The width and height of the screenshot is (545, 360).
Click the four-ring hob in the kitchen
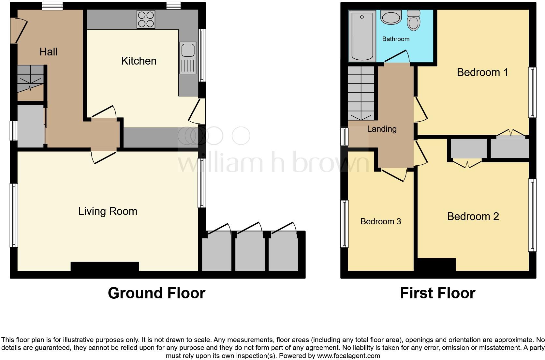[146, 19]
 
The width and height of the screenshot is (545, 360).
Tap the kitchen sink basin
[188, 51]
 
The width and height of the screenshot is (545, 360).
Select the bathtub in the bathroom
[362, 36]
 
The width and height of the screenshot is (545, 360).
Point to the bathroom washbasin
[391, 18]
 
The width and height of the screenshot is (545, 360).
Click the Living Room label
[108, 211]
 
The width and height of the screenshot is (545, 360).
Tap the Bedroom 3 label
[380, 221]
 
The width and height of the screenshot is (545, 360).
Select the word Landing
[382, 129]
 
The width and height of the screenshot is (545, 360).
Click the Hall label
[48, 52]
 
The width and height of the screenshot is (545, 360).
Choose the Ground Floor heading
[156, 293]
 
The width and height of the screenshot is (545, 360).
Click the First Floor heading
[437, 293]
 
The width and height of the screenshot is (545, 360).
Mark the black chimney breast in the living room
[105, 266]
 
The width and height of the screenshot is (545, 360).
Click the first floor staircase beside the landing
[361, 93]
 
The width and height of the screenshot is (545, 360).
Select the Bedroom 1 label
[482, 72]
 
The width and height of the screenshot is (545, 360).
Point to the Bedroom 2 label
[473, 216]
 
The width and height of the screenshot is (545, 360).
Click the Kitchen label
[139, 61]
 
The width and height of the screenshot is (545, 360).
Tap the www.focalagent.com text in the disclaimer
[348, 356]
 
